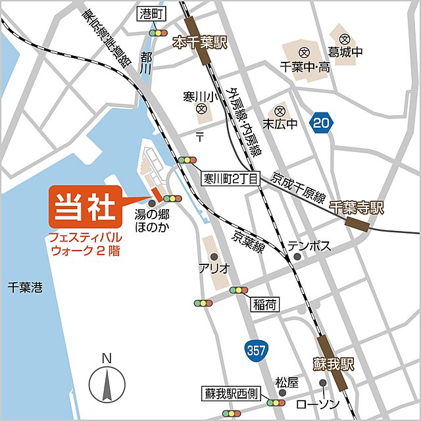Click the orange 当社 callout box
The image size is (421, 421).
(84, 205)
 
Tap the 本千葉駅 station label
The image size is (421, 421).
(199, 43)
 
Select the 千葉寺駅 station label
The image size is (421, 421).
(356, 209)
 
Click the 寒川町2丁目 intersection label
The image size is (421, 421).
(231, 177)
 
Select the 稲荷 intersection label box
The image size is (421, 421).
(264, 304)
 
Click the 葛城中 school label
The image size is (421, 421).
(346, 52)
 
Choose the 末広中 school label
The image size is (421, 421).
(280, 124)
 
